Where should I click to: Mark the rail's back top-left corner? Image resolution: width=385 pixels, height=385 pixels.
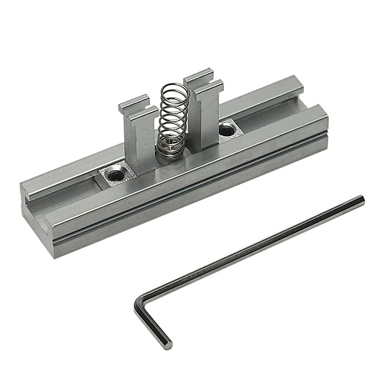tap(23, 182)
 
